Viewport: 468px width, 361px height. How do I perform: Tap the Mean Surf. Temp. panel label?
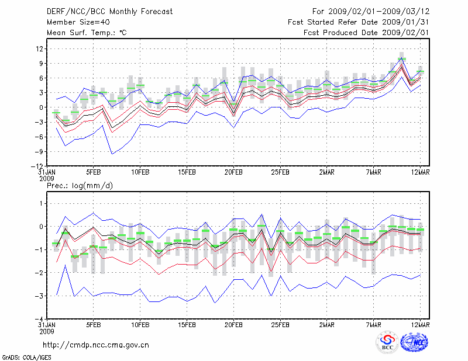[87, 33]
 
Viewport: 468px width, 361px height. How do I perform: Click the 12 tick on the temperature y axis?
[38, 48]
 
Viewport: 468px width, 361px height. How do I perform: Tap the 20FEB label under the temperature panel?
[233, 173]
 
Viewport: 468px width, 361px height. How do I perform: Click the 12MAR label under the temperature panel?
[421, 173]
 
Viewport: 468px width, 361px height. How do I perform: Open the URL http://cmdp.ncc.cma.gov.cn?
[96, 345]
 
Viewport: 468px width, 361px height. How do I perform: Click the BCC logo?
[387, 342]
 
